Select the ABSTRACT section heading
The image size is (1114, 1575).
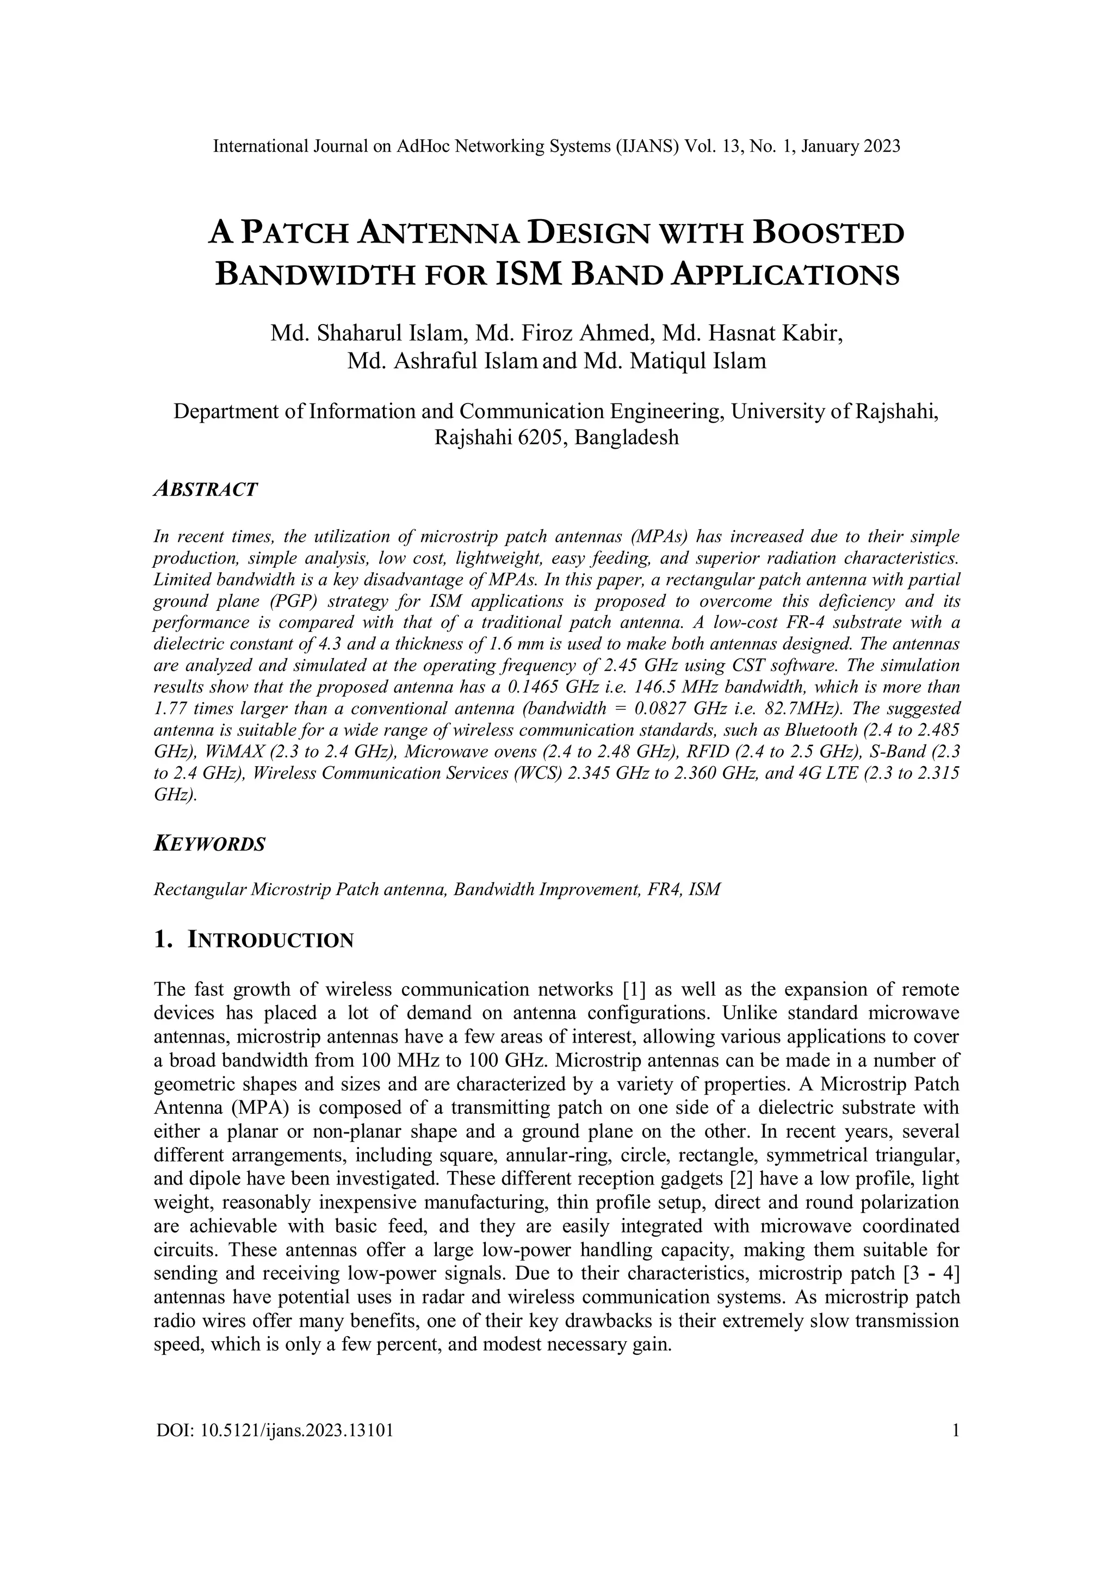point(205,490)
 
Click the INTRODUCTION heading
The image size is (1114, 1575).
point(270,940)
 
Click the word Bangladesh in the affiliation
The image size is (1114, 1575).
point(626,437)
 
